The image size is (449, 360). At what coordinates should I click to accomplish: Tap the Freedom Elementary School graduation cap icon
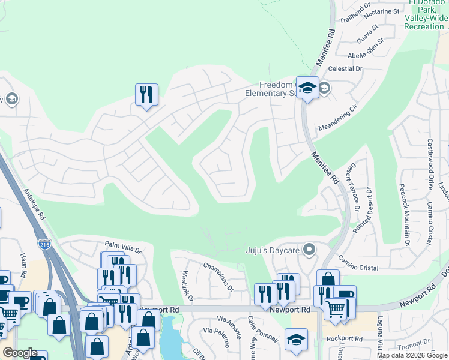(x=307, y=88)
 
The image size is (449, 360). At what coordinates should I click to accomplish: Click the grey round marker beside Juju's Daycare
(x=309, y=249)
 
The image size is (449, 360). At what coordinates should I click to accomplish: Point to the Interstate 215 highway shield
(x=46, y=244)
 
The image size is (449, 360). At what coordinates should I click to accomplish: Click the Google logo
(x=20, y=352)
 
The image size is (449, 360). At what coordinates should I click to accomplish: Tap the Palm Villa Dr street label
(x=122, y=247)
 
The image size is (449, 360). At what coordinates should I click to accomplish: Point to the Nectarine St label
(x=379, y=11)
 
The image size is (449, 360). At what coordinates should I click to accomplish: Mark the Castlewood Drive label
(x=430, y=164)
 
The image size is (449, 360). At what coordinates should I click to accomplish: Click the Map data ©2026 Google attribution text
(x=411, y=355)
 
